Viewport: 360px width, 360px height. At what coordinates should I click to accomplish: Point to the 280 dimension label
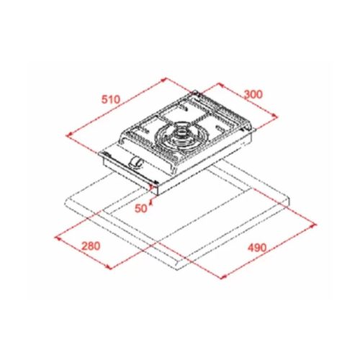91,245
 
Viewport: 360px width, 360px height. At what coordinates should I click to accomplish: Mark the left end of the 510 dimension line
66,134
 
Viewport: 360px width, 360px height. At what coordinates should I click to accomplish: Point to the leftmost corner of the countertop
67,199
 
